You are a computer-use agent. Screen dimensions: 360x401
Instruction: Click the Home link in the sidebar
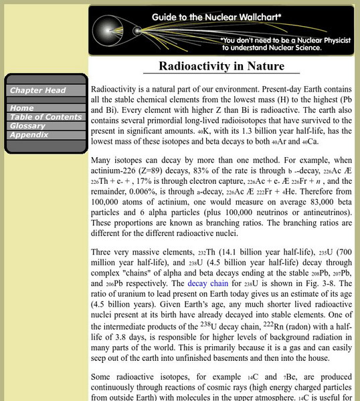[22, 108]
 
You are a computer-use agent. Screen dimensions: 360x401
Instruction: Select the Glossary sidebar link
[27, 126]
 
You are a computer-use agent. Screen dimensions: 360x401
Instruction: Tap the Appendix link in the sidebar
[28, 134]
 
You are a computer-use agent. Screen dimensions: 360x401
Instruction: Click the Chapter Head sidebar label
[37, 90]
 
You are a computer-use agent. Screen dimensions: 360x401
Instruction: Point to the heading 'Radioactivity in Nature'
[221, 66]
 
